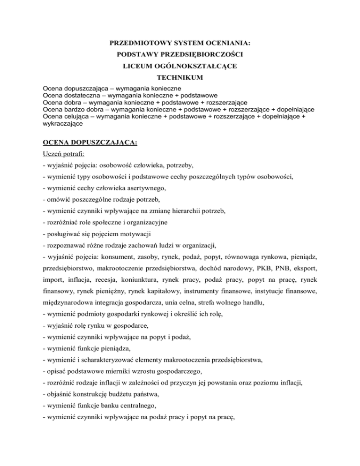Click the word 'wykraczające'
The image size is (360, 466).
[x=62, y=124]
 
